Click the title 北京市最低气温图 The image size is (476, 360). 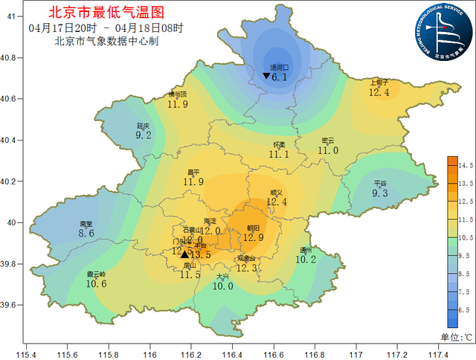[x=104, y=13]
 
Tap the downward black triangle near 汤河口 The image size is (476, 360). [x=266, y=76]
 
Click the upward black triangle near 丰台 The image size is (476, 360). [x=184, y=254]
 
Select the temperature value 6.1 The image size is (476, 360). [x=280, y=77]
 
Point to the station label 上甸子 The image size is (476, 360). [x=379, y=83]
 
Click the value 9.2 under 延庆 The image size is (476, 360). [x=144, y=135]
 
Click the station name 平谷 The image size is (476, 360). [x=380, y=183]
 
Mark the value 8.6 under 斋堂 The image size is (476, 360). [x=86, y=233]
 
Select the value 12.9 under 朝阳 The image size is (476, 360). [x=254, y=238]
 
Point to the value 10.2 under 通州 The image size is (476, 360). [x=306, y=260]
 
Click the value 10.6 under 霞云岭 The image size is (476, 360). [x=97, y=283]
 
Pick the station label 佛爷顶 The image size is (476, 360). [x=178, y=94]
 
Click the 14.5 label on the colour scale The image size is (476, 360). [x=466, y=164]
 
